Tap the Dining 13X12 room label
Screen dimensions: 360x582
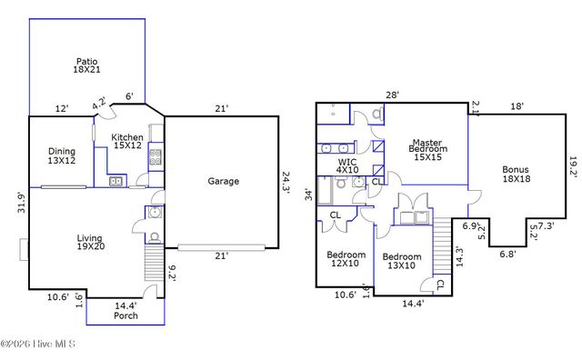62,156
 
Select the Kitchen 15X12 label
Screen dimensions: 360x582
127,142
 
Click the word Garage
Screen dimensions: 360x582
223,181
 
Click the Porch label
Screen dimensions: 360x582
126,315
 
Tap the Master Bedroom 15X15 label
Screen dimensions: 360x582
426,150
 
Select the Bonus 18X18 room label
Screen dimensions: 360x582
515,174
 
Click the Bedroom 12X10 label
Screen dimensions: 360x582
346,260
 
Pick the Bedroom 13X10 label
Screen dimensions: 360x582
399,262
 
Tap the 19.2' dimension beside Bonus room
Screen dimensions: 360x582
572,165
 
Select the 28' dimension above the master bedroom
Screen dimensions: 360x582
392,95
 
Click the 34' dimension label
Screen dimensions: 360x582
307,194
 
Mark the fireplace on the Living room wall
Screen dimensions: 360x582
25,248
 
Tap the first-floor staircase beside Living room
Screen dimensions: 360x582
153,265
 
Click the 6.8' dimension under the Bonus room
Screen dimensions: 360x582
506,255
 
